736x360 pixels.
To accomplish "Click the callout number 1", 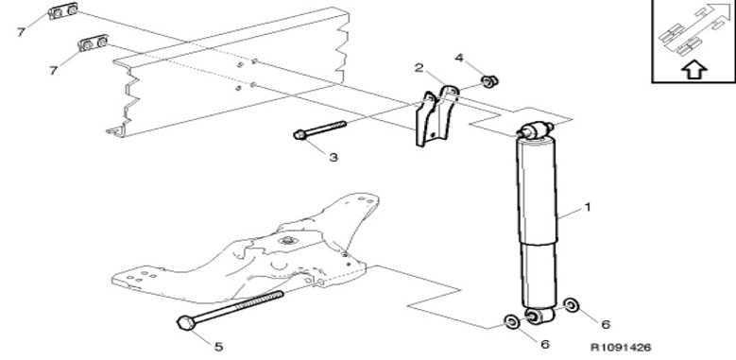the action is click(588, 207).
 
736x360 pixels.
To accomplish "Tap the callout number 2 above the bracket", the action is click(419, 68).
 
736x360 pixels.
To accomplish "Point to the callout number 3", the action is click(334, 157).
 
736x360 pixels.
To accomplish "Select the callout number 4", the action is click(459, 58).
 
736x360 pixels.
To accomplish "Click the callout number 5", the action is click(219, 347).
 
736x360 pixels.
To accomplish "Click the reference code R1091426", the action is click(621, 348).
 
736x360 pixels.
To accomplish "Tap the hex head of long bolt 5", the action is click(184, 322).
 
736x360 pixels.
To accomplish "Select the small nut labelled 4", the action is click(490, 81).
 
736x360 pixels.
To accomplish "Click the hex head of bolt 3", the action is click(300, 135).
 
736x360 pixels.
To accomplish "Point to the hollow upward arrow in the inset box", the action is click(693, 71).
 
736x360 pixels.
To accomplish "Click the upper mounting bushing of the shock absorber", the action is click(534, 130).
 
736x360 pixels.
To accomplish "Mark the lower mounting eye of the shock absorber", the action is click(539, 316).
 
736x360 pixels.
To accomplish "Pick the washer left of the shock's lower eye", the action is click(511, 321).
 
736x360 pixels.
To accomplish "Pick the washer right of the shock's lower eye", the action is click(572, 305).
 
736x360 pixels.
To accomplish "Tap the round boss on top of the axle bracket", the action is click(286, 241).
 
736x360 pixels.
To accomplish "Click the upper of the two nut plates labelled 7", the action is click(63, 10).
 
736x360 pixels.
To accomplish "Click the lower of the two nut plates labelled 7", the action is click(94, 43).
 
